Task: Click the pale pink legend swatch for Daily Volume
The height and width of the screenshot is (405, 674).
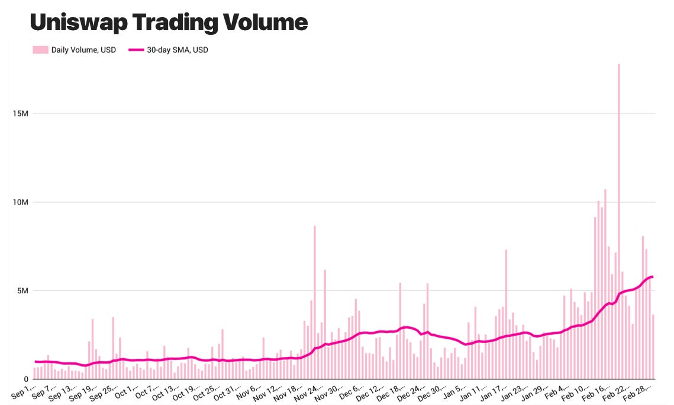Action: (x=40, y=50)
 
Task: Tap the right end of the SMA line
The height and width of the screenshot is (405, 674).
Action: (x=652, y=277)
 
